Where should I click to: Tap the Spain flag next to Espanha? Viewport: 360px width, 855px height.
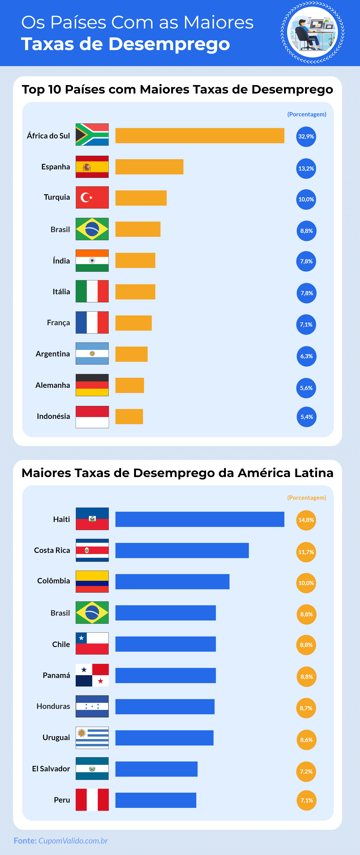coord(92,167)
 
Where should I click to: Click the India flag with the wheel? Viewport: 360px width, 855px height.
coord(92,261)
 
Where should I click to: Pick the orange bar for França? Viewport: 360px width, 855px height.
coord(133,323)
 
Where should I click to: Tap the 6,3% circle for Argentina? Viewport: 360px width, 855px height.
coord(306,356)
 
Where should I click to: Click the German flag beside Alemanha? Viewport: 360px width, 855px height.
coord(92,385)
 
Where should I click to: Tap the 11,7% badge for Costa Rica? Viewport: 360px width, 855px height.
coord(306,552)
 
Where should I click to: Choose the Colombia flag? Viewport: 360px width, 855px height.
coord(92,581)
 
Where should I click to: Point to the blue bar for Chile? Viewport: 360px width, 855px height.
coord(165,644)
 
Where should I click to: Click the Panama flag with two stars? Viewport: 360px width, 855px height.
coord(92,675)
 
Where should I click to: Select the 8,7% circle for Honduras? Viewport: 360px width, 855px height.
coord(306,708)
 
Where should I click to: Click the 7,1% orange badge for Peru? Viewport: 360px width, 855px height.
coord(306,800)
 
